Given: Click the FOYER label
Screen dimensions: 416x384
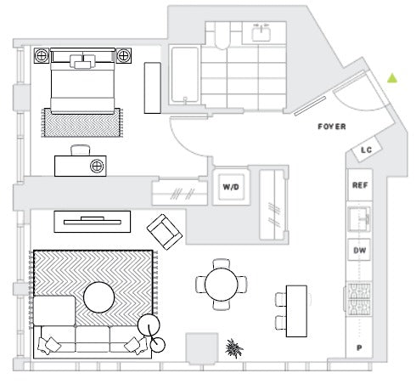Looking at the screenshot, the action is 332,127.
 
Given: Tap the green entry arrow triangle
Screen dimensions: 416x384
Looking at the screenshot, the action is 392,78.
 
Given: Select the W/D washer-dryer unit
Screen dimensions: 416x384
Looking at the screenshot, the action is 231,187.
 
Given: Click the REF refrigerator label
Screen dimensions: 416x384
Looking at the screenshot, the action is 360,185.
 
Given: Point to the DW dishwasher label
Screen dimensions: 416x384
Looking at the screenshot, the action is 360,251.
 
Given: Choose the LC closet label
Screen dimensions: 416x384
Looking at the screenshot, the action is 367,150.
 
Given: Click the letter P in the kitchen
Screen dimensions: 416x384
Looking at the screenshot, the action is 359,347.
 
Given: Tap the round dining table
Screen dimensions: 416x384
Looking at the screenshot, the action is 222,285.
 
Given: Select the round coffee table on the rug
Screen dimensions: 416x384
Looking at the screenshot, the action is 99,297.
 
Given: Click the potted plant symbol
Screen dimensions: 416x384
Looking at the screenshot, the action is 233,348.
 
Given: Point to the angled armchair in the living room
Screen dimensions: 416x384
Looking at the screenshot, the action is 165,232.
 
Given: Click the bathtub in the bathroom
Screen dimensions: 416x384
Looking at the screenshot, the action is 185,75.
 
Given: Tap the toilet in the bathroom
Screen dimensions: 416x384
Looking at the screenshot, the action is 222,35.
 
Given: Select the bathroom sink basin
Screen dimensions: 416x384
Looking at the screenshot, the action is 261,33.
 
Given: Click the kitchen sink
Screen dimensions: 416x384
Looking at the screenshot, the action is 359,219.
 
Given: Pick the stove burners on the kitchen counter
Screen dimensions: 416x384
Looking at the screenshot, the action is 359,299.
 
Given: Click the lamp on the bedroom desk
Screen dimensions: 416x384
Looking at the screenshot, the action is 97,166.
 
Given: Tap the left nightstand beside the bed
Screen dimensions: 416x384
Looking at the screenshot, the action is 42,56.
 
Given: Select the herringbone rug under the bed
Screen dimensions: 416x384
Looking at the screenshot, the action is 82,122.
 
